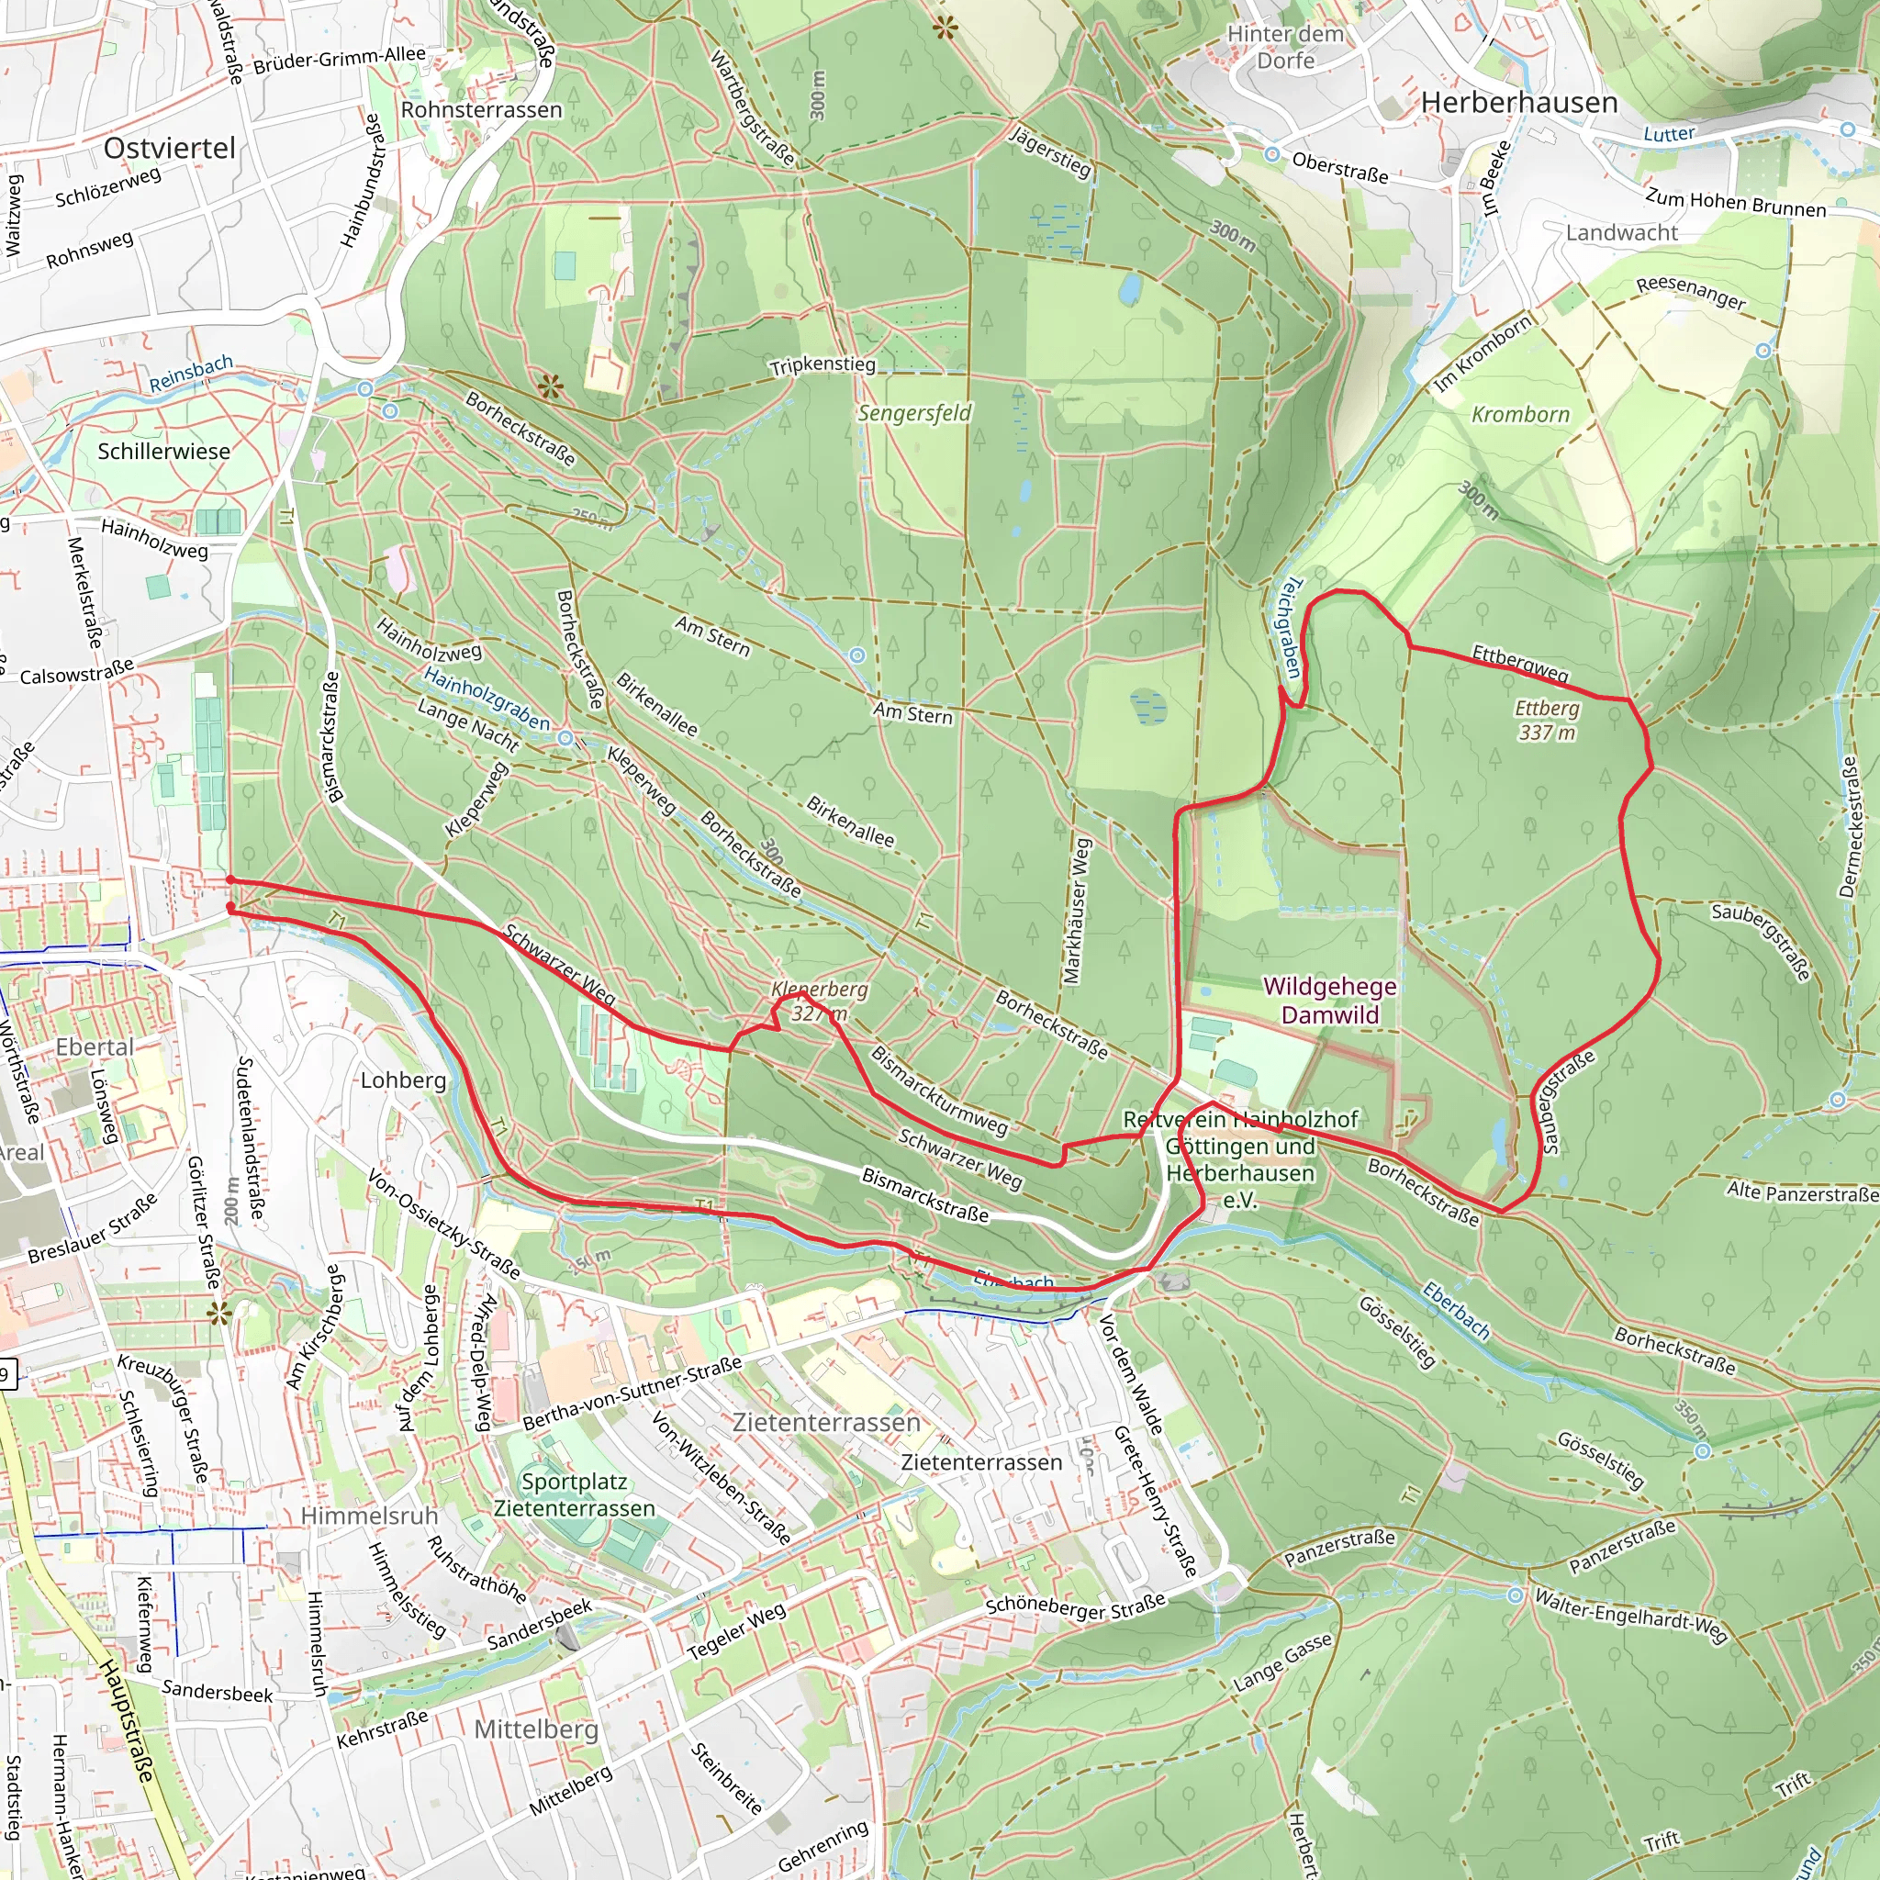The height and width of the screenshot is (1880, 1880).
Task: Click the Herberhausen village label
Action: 1519,103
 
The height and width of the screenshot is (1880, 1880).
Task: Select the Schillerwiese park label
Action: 163,452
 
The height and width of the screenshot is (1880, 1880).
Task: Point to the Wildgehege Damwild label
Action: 1329,1001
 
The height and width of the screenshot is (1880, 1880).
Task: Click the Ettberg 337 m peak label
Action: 1546,720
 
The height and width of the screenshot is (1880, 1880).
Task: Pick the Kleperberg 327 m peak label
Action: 820,1002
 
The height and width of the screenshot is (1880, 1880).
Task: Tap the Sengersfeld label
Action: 914,414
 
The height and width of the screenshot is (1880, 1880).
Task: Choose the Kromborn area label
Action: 1520,415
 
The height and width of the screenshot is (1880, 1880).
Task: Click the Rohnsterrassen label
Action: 482,110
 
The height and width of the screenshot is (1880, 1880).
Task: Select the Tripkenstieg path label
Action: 822,366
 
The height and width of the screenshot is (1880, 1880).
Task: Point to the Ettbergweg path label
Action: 1520,663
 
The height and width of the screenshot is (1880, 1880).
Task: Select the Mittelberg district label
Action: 536,1729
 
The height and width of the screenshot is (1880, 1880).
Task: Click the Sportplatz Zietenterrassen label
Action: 574,1494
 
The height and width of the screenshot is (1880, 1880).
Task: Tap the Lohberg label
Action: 403,1080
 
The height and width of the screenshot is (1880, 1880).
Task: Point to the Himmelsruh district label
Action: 369,1516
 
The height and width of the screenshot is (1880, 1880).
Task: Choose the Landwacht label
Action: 1621,232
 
